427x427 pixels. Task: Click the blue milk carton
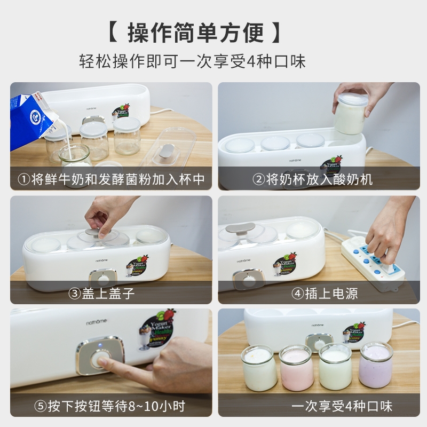[x=32, y=120]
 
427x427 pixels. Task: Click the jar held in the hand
[x=350, y=113]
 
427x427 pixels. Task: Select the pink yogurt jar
[x=297, y=368]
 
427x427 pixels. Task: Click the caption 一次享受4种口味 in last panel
[x=342, y=406]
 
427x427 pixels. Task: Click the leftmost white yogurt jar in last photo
[x=259, y=368]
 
